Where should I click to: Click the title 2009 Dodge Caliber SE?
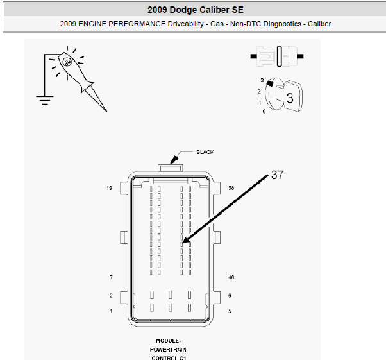click(x=196, y=10)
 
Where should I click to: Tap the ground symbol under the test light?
click(x=44, y=100)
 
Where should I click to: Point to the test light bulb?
click(x=67, y=62)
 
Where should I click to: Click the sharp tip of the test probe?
click(x=106, y=112)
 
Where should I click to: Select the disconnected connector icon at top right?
click(x=277, y=56)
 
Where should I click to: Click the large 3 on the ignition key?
click(x=290, y=98)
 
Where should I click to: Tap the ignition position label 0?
click(x=264, y=112)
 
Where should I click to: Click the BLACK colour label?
click(x=205, y=152)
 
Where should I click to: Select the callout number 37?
click(x=278, y=175)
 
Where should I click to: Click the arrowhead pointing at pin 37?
click(x=186, y=240)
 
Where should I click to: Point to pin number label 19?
click(x=109, y=188)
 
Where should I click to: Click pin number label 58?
click(x=231, y=188)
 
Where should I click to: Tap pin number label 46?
click(x=231, y=277)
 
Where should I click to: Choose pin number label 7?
click(x=112, y=277)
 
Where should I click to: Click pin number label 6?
click(x=230, y=295)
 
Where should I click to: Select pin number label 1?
click(x=111, y=311)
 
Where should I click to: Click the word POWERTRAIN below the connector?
click(x=168, y=350)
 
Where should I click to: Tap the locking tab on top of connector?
click(x=170, y=168)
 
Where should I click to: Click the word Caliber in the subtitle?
click(x=319, y=24)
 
